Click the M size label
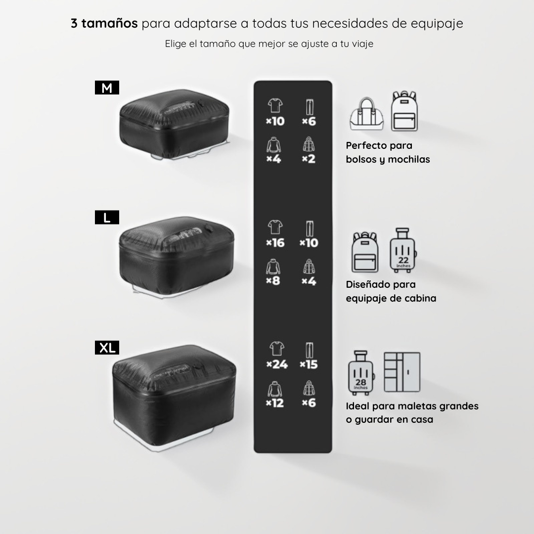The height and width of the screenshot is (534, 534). [107, 88]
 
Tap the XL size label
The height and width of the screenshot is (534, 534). [107, 348]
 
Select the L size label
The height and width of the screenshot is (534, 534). [107, 217]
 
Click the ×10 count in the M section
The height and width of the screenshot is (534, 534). [275, 121]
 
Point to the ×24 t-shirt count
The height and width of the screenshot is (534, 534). [277, 364]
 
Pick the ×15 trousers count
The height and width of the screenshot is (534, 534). [309, 364]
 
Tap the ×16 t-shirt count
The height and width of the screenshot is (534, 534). [275, 243]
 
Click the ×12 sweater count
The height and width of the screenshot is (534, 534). [275, 403]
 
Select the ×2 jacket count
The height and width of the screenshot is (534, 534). [309, 159]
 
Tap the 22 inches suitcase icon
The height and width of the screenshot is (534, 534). [403, 250]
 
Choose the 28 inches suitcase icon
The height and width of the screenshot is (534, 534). [361, 373]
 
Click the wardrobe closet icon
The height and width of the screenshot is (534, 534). [402, 372]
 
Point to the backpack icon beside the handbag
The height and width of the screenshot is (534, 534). [404, 111]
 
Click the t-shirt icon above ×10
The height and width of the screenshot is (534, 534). [275, 106]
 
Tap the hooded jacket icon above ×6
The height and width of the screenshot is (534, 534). [309, 388]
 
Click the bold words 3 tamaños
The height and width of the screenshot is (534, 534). [104, 23]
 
